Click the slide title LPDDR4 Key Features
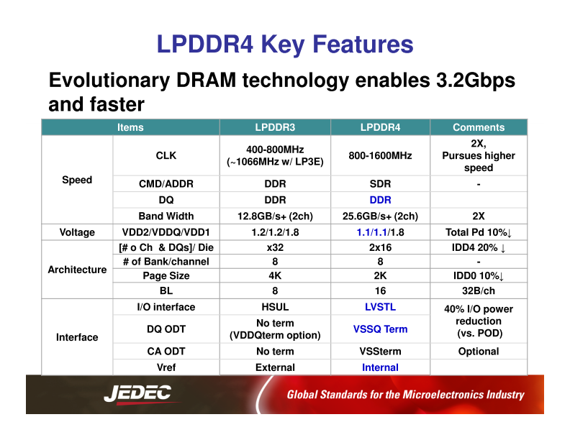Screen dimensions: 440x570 pyautogui.click(x=285, y=45)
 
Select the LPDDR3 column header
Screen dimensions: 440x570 pyautogui.click(x=275, y=127)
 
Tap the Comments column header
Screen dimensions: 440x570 pyautogui.click(x=479, y=127)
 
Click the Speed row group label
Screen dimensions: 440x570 pyautogui.click(x=77, y=180)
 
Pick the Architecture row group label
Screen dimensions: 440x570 pyautogui.click(x=77, y=270)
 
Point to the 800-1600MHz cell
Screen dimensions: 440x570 pyautogui.click(x=380, y=155)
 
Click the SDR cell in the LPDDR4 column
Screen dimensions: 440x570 pyautogui.click(x=380, y=183)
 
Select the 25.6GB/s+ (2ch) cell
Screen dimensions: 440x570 pyautogui.click(x=380, y=216)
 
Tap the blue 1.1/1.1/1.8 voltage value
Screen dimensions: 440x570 pyautogui.click(x=380, y=232)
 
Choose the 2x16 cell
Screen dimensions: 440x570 pyautogui.click(x=380, y=247)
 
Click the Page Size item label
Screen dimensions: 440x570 pyautogui.click(x=166, y=275)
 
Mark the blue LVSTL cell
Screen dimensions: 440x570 pyautogui.click(x=380, y=307)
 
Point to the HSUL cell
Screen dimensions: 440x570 pyautogui.click(x=275, y=307)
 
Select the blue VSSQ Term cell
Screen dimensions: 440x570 pyautogui.click(x=380, y=329)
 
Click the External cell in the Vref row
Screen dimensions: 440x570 pyautogui.click(x=275, y=367)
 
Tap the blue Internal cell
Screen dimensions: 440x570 pyautogui.click(x=380, y=367)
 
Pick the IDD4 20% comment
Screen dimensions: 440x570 pyautogui.click(x=479, y=247)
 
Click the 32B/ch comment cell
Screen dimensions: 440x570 pyautogui.click(x=479, y=291)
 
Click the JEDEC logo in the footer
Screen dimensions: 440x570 pyautogui.click(x=137, y=394)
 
